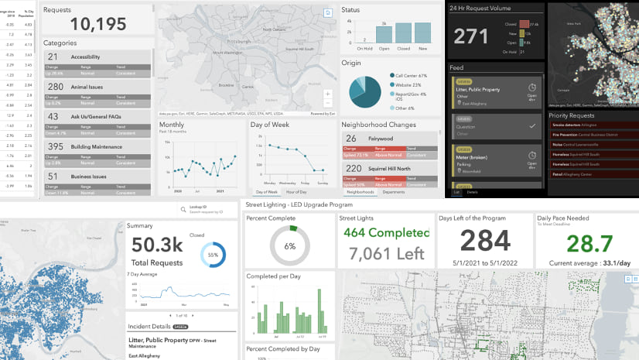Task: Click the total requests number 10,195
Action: (85, 24)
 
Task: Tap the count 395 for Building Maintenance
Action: (56, 146)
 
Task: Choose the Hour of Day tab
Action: (296, 191)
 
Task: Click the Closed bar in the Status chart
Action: (404, 32)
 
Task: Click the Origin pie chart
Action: (365, 91)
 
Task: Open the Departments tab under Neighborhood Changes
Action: (394, 191)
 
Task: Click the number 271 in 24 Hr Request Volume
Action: (470, 36)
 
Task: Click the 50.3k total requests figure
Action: (156, 245)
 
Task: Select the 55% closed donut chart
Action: (213, 255)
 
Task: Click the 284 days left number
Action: (486, 242)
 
